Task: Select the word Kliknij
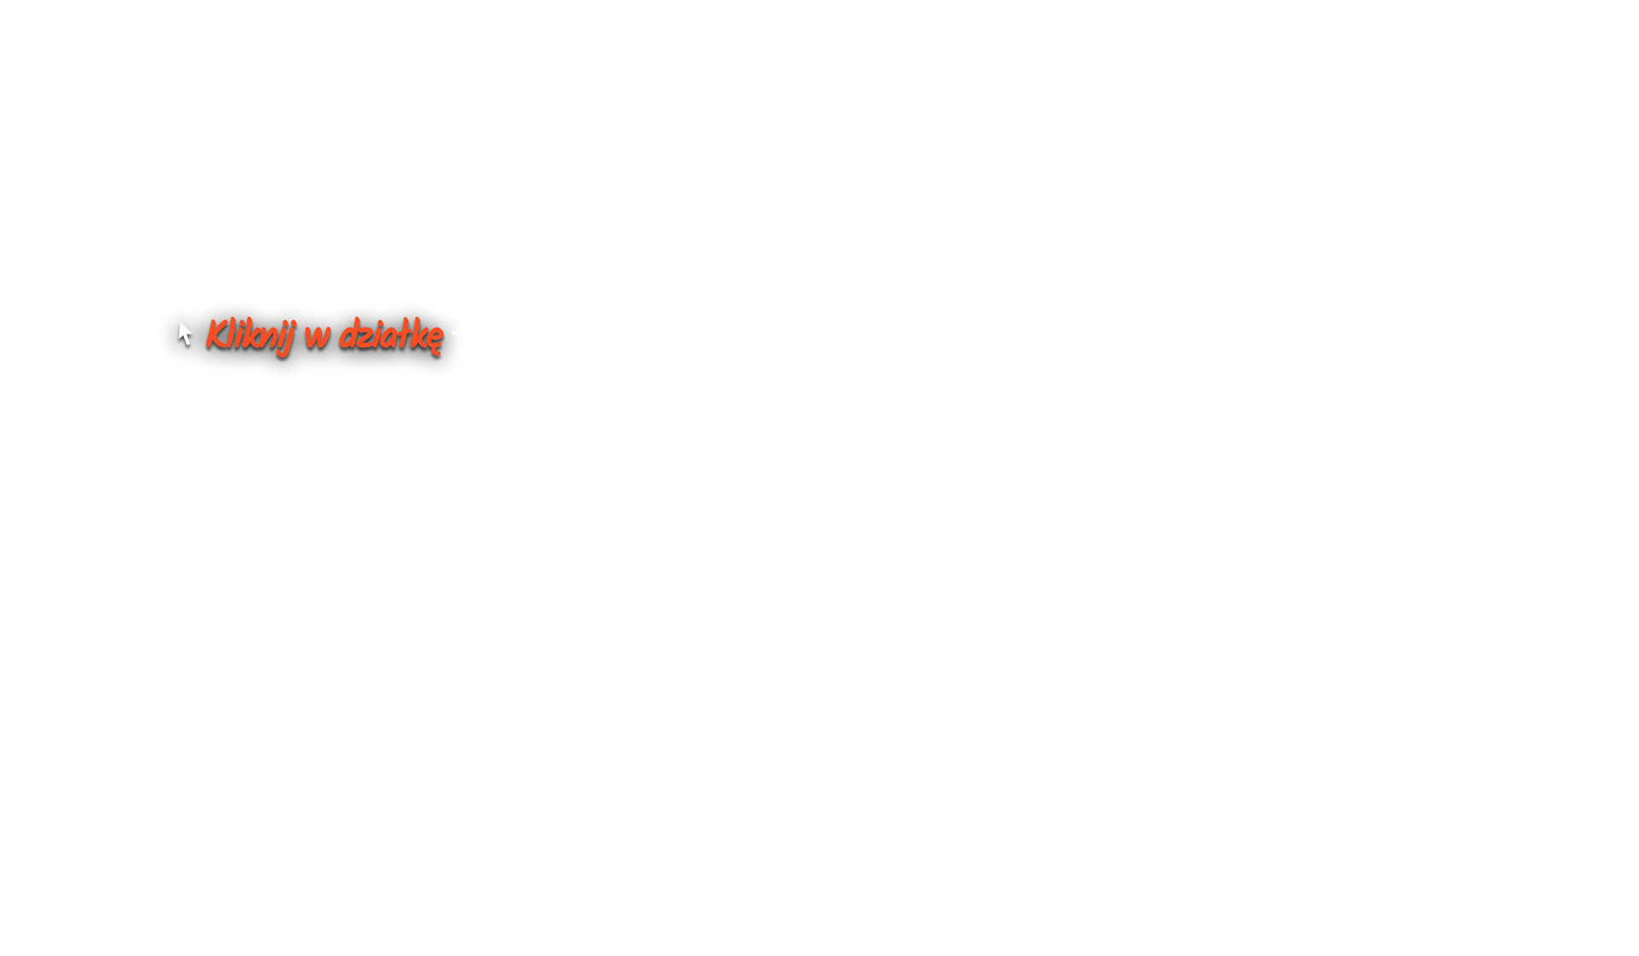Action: pyautogui.click(x=249, y=335)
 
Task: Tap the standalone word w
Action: pyautogui.click(x=317, y=335)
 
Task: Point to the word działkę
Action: pyautogui.click(x=391, y=335)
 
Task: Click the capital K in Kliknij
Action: pyautogui.click(x=215, y=334)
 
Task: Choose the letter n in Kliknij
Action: pyautogui.click(x=268, y=337)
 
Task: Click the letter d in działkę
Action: pyautogui.click(x=348, y=335)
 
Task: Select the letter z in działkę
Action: pyautogui.click(x=365, y=337)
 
